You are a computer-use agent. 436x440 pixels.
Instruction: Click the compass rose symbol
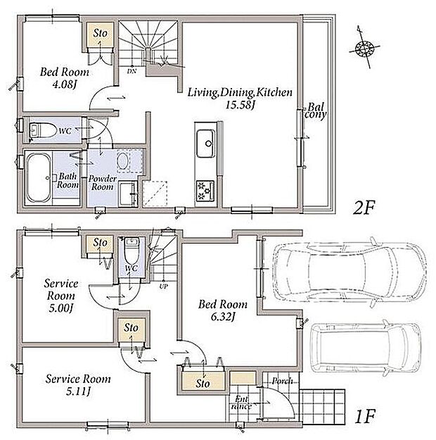364,48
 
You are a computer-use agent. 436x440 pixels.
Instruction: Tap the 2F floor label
364,208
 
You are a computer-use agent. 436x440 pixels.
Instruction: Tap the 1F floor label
365,417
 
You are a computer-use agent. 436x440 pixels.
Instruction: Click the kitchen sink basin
206,144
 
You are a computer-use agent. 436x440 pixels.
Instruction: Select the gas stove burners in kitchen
205,191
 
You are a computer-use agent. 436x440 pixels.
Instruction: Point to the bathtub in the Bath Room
39,177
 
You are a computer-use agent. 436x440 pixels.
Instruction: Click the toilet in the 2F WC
42,130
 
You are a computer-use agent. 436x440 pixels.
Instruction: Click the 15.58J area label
240,105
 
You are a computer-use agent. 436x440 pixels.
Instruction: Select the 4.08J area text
65,84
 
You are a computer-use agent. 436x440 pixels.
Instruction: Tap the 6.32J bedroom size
223,317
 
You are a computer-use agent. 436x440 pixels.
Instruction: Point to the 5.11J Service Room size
78,391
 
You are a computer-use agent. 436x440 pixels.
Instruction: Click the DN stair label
132,71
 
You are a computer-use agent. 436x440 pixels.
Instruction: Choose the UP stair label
163,287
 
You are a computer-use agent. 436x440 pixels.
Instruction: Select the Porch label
282,381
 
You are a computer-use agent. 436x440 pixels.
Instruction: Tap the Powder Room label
103,182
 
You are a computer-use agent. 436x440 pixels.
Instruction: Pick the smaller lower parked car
366,348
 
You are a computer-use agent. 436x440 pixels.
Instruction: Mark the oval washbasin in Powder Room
123,161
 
